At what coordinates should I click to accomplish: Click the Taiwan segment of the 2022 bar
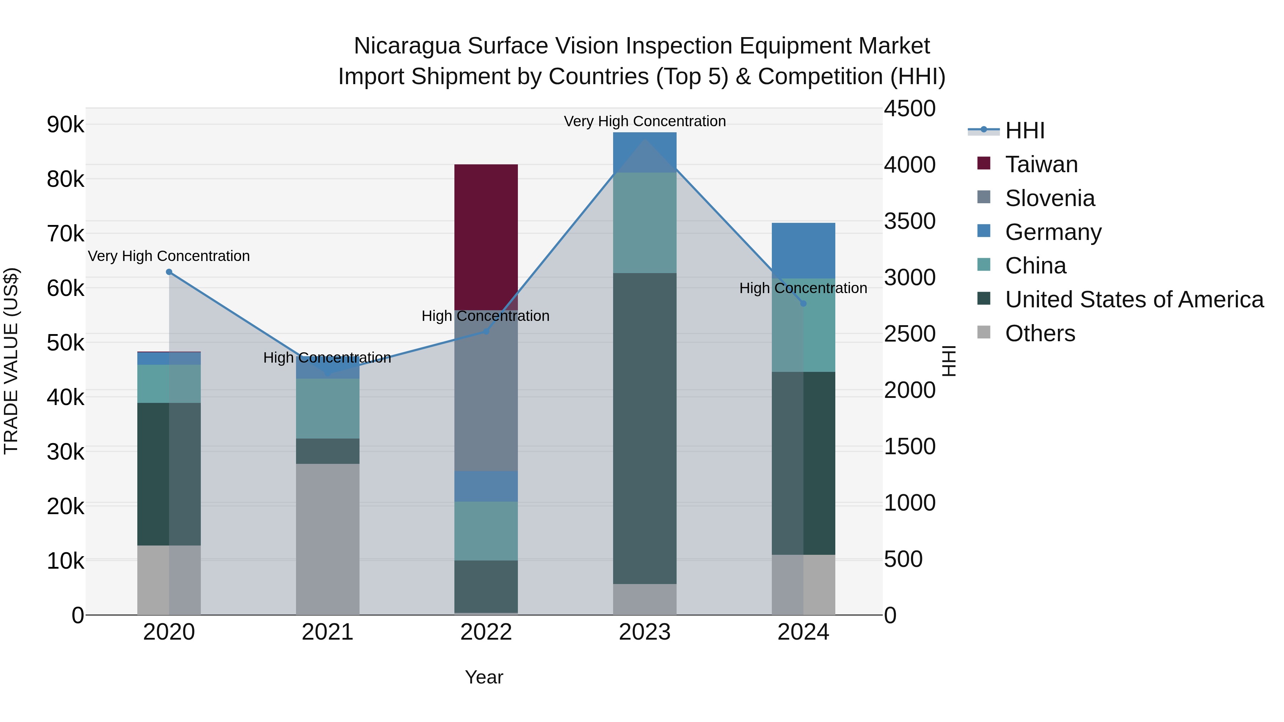(486, 237)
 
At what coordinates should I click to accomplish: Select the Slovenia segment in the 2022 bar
(486, 391)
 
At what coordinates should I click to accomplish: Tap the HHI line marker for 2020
(169, 272)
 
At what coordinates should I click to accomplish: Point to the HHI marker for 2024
(803, 303)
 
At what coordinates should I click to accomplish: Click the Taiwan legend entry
(1041, 164)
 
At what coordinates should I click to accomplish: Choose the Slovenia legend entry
(1050, 198)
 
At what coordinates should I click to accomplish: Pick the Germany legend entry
(1053, 232)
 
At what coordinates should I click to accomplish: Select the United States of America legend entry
(1134, 299)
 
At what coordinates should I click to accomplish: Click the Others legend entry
(1040, 333)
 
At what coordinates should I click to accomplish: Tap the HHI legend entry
(1024, 130)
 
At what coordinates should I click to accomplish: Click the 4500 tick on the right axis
(909, 109)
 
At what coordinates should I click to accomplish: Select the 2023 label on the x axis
(644, 632)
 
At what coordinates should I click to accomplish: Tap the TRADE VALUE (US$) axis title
(11, 361)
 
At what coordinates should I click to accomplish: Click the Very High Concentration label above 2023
(644, 121)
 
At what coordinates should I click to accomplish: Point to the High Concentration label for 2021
(327, 358)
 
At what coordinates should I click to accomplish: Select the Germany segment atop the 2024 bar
(803, 250)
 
